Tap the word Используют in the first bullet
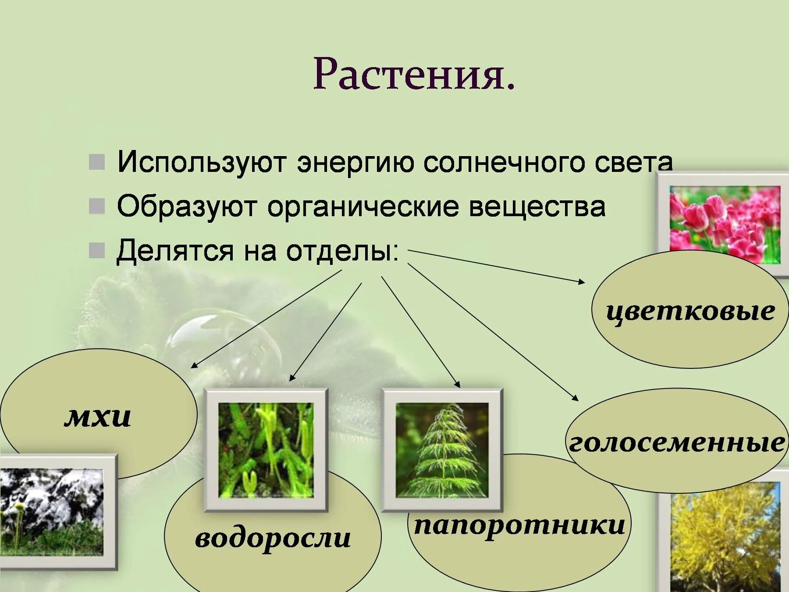pos(202,162)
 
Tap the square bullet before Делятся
pos(97,251)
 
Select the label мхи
pos(97,417)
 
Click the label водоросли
pos(273,538)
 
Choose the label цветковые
pos(690,311)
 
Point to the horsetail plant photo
pos(442,450)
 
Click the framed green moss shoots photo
pos(266,450)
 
